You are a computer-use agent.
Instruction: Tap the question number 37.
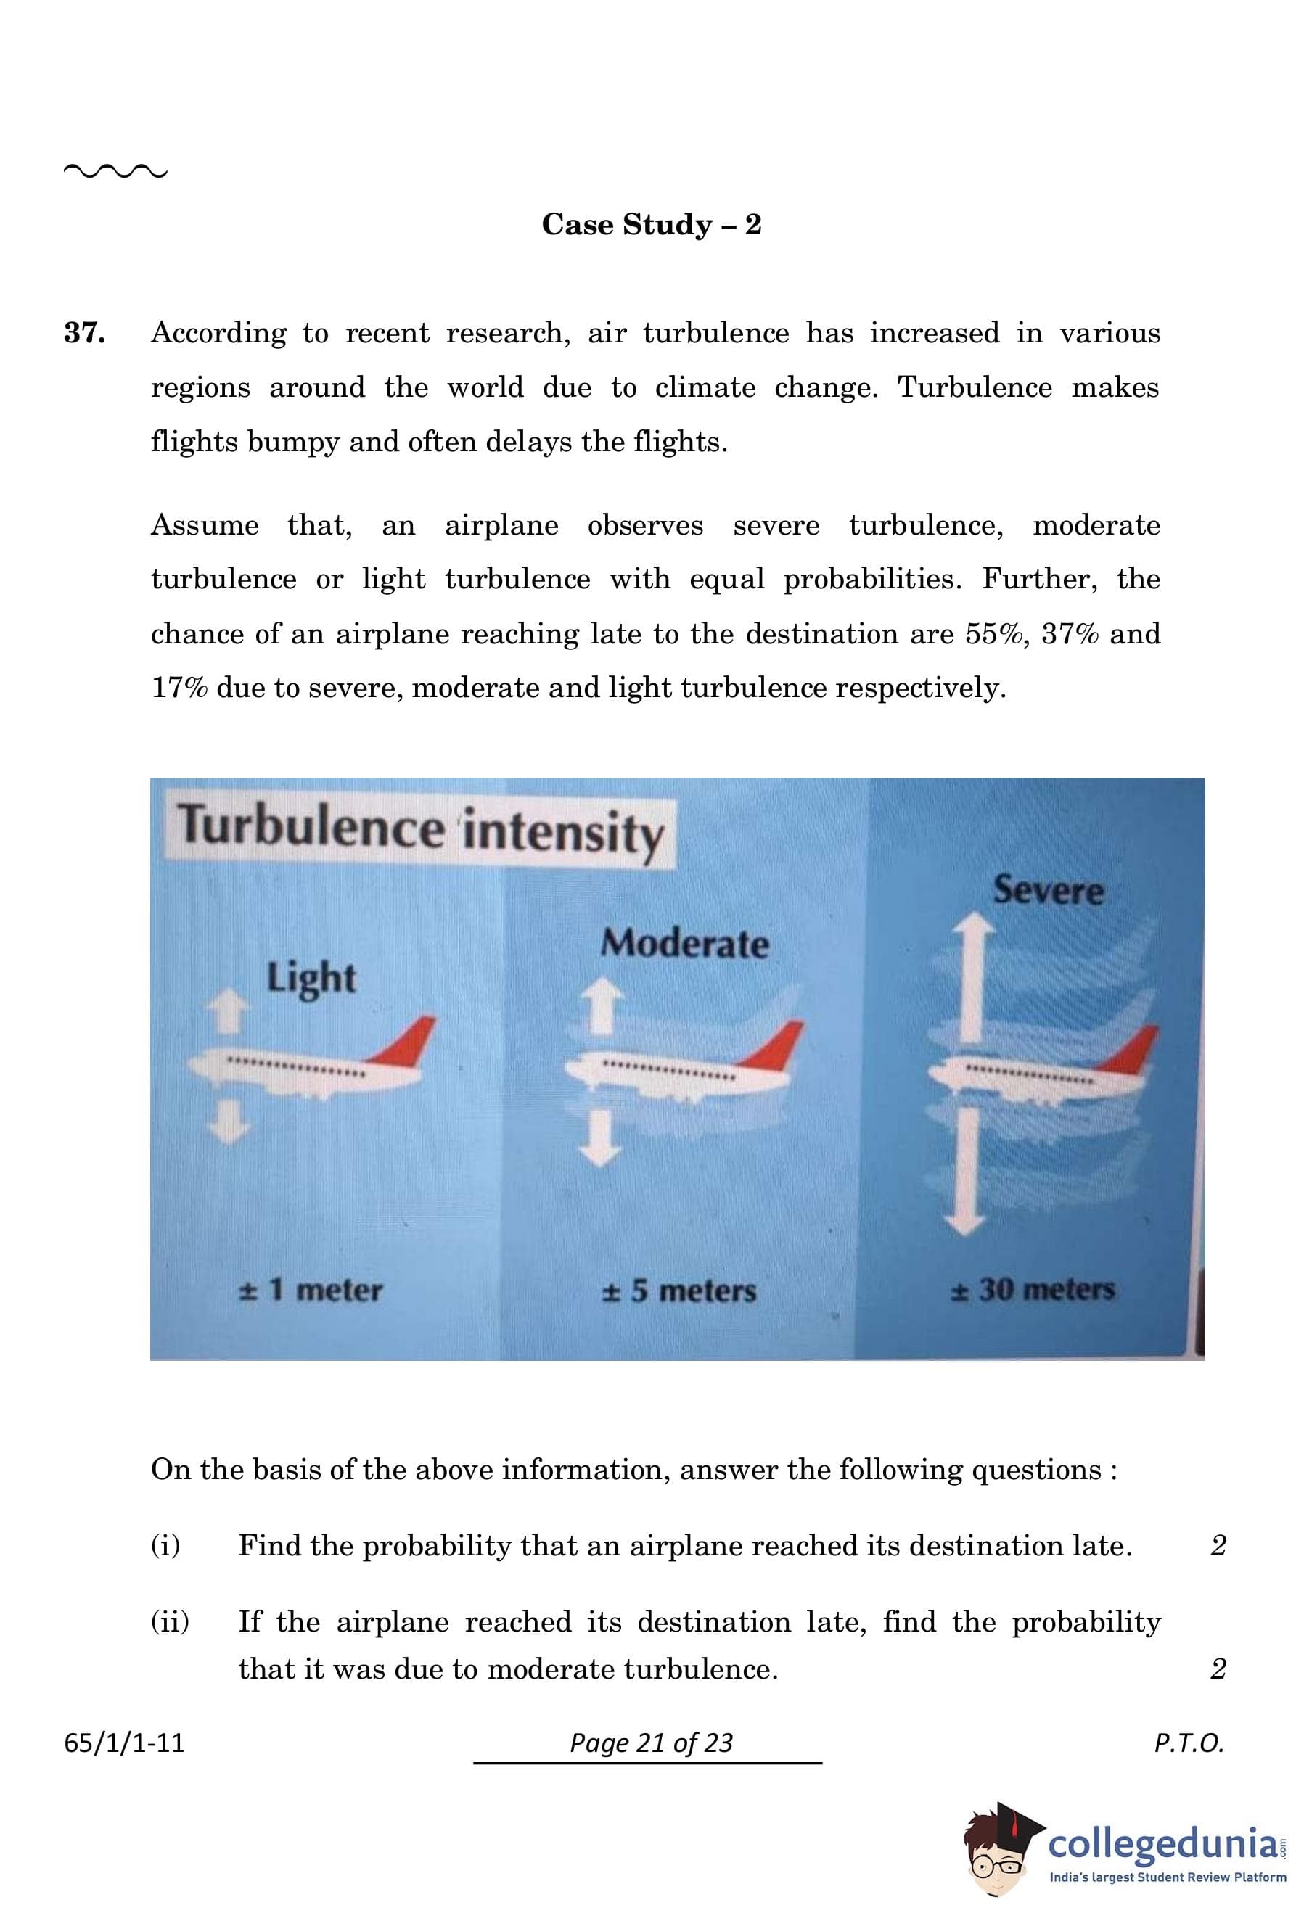84,333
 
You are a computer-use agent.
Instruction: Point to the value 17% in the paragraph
179,688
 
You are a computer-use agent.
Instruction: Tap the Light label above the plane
311,979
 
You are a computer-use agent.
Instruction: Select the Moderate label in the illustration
685,944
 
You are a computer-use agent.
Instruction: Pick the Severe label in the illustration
1049,889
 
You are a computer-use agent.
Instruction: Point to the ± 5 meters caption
679,1291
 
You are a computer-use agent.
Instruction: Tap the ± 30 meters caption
1033,1289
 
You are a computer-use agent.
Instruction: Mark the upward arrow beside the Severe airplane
972,979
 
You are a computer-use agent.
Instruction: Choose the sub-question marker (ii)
170,1621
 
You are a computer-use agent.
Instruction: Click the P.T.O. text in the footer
1189,1742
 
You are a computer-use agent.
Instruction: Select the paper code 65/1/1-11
125,1742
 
